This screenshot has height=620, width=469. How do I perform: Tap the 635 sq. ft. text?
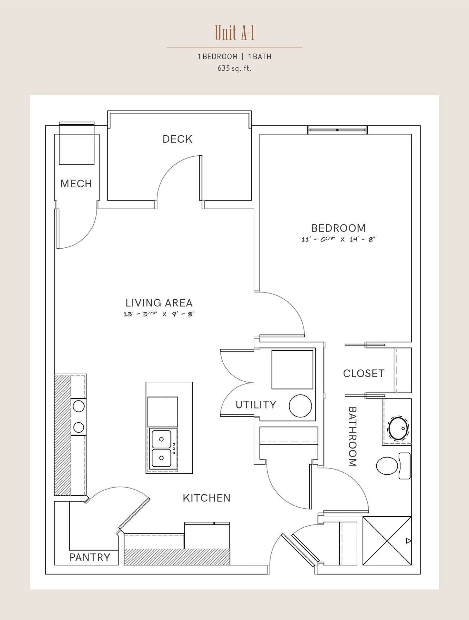click(x=234, y=68)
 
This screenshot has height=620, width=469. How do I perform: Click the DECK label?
click(x=178, y=139)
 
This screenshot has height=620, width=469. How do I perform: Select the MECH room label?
click(x=76, y=184)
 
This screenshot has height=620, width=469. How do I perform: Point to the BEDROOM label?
click(x=339, y=228)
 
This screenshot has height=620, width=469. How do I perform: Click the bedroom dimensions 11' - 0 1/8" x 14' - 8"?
click(x=338, y=240)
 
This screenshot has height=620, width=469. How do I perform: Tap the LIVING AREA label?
click(x=159, y=303)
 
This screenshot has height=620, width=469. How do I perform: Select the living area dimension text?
click(x=159, y=314)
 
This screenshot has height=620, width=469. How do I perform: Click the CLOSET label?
click(x=364, y=374)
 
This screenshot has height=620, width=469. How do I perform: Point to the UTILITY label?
click(x=256, y=405)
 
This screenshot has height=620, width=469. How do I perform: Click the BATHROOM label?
click(x=352, y=437)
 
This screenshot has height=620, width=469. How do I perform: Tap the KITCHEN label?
click(x=207, y=498)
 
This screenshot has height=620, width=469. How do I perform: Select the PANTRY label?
click(x=90, y=557)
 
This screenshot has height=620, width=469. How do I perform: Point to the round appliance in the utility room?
click(x=300, y=406)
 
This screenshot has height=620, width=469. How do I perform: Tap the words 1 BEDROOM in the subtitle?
click(x=218, y=57)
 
